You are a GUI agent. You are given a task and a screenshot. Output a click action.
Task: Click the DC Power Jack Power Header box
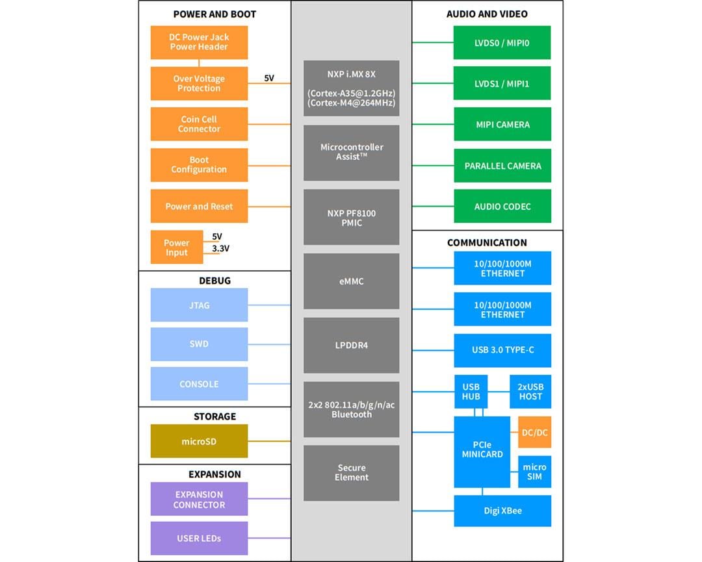pyautogui.click(x=199, y=42)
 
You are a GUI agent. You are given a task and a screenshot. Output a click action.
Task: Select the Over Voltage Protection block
pyautogui.click(x=199, y=83)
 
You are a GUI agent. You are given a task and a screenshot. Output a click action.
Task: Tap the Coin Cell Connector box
pyautogui.click(x=199, y=124)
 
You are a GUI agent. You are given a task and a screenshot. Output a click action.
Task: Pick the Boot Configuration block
pyautogui.click(x=199, y=165)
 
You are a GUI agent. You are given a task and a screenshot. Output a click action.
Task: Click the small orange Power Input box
pyautogui.click(x=176, y=248)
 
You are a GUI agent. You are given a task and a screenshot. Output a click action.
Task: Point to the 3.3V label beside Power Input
pyautogui.click(x=221, y=249)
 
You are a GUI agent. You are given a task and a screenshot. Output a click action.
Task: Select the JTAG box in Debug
pyautogui.click(x=199, y=305)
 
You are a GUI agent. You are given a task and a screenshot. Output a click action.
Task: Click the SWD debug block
pyautogui.click(x=199, y=344)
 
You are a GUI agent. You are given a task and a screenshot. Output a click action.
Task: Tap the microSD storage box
pyautogui.click(x=199, y=441)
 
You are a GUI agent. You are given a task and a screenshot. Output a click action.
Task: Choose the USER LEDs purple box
pyautogui.click(x=199, y=538)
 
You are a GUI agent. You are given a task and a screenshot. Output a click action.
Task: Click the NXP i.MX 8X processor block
pyautogui.click(x=351, y=88)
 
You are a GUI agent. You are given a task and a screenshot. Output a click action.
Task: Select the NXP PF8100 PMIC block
pyautogui.click(x=351, y=218)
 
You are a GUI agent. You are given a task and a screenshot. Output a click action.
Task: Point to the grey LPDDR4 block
pyautogui.click(x=351, y=345)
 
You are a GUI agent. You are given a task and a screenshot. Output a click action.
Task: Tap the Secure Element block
pyautogui.click(x=351, y=472)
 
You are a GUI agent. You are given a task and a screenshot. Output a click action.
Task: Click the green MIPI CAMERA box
pyautogui.click(x=502, y=124)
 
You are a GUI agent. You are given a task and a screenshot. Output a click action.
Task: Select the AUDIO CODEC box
pyautogui.click(x=502, y=207)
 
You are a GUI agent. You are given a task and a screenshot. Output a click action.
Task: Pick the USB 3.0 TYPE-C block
pyautogui.click(x=502, y=350)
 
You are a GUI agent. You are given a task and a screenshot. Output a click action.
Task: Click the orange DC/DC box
pyautogui.click(x=535, y=432)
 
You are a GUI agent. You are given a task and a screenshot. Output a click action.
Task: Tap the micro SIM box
pyautogui.click(x=535, y=472)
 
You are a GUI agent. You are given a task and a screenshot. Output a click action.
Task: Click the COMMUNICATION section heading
pyautogui.click(x=487, y=242)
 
